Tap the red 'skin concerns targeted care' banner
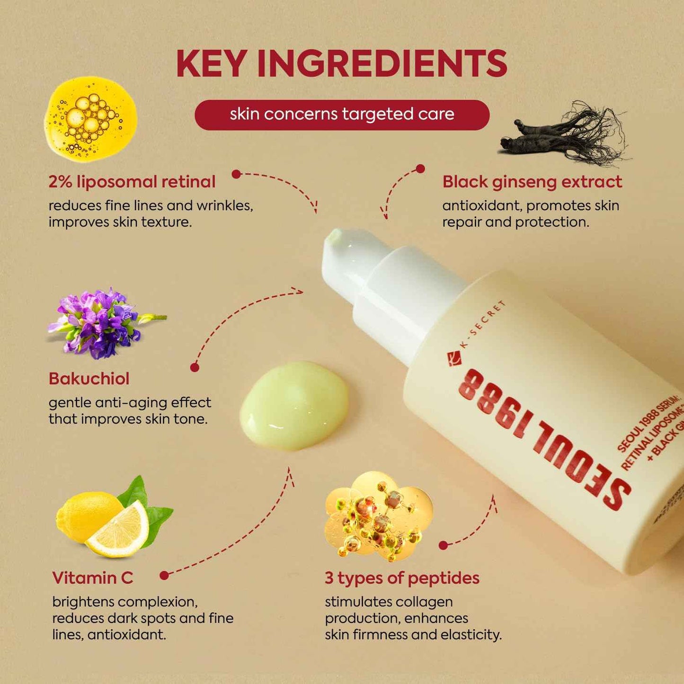(x=342, y=115)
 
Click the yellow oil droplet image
(x=90, y=119)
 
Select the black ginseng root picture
(x=563, y=134)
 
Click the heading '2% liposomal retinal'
(x=132, y=182)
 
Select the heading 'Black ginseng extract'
(x=532, y=182)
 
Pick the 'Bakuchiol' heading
(x=89, y=379)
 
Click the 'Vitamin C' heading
(x=93, y=578)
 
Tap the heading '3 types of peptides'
(x=402, y=578)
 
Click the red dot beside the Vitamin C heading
(x=164, y=576)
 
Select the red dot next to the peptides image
(x=443, y=545)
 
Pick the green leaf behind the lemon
(x=156, y=516)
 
